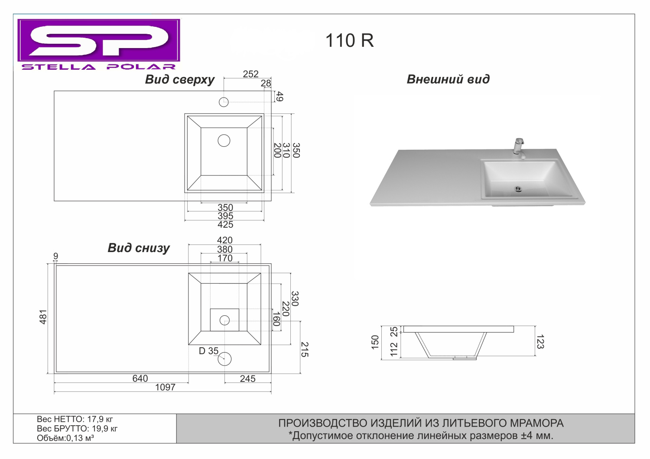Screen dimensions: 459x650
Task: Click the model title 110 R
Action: tap(349, 41)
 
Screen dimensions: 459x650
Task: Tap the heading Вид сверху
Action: tap(180, 80)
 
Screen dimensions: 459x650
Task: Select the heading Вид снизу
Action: tap(139, 248)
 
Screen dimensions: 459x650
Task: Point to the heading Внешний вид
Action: tap(448, 79)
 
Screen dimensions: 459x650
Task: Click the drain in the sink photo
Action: tap(518, 189)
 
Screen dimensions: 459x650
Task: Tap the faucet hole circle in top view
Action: tap(224, 102)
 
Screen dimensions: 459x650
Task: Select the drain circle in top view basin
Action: tap(224, 141)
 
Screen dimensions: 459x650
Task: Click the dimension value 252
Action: tap(250, 74)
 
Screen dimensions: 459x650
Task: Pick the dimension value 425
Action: tap(225, 224)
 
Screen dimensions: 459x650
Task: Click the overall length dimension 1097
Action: tap(165, 388)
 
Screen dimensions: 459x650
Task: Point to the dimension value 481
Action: tap(43, 317)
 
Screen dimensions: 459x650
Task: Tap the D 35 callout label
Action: tap(208, 351)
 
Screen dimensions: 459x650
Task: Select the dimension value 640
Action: tap(140, 378)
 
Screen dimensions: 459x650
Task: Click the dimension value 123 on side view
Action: tap(540, 342)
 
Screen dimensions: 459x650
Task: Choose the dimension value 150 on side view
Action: tap(375, 342)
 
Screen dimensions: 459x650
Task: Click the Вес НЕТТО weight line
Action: tap(75, 419)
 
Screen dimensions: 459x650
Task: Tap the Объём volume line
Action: tap(65, 438)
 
